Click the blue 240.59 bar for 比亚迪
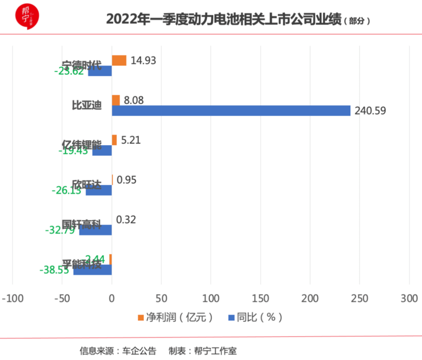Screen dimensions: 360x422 tap(231, 110)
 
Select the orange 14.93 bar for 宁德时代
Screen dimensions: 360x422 tap(119, 61)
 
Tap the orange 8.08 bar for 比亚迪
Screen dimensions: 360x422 tap(116, 100)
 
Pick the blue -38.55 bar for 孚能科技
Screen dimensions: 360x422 tap(93, 270)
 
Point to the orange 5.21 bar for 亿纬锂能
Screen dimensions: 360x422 tap(114, 140)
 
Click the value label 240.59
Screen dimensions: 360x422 tap(370, 110)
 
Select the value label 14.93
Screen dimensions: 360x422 tap(144, 61)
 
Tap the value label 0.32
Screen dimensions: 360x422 tap(126, 219)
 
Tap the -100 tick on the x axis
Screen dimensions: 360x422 tap(13, 297)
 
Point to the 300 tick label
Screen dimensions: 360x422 tap(409, 297)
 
